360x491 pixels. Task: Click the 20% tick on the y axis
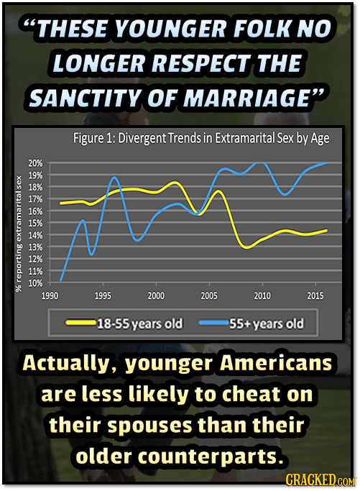pyautogui.click(x=35, y=164)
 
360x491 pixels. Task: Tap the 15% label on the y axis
pyautogui.click(x=35, y=223)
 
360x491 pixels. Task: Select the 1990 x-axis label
pyautogui.click(x=50, y=295)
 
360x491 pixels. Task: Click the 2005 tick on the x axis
pyautogui.click(x=209, y=295)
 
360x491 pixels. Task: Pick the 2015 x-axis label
pyautogui.click(x=315, y=295)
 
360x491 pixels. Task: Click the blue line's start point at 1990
pyautogui.click(x=61, y=280)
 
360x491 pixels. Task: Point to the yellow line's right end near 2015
pyautogui.click(x=327, y=230)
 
